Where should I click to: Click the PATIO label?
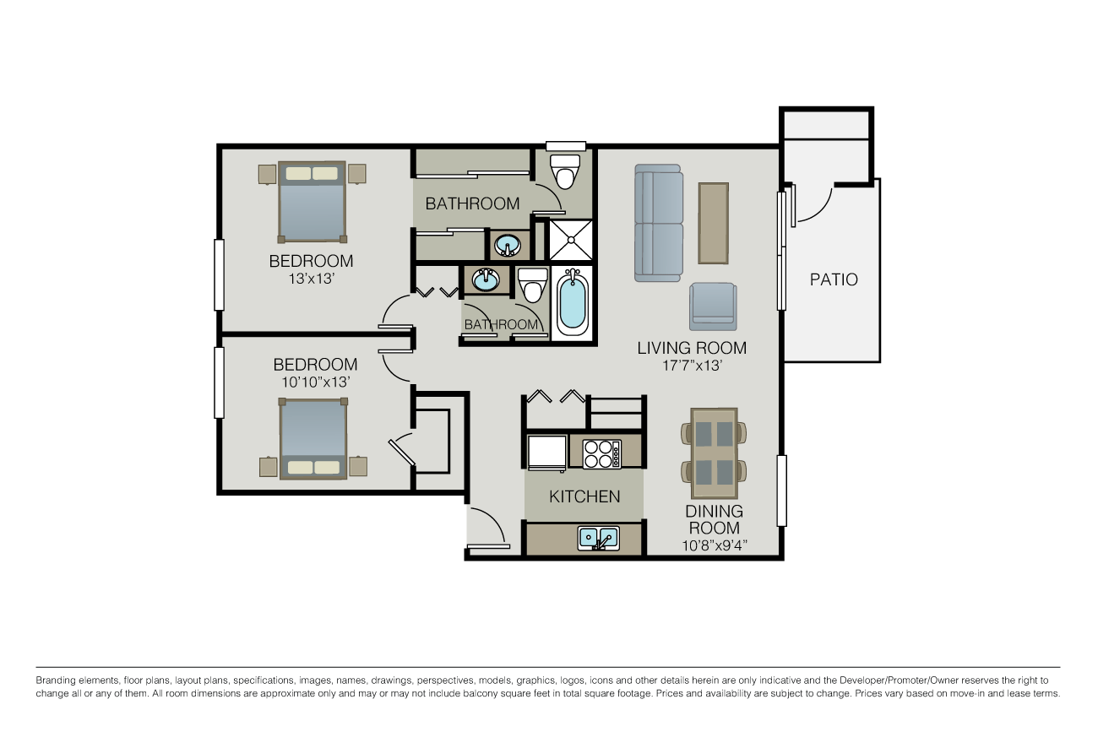click(834, 279)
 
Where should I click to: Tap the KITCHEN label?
click(584, 496)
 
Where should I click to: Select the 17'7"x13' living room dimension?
click(692, 366)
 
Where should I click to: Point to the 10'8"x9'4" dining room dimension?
click(715, 545)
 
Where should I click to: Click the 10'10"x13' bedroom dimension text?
click(315, 382)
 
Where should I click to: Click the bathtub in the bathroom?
click(573, 301)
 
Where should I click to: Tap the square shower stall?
click(571, 240)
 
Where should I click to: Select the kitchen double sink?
click(599, 540)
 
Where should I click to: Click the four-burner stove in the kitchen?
click(602, 454)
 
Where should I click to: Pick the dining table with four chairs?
click(714, 453)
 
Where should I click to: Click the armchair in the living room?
click(713, 306)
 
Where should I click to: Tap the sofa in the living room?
click(658, 223)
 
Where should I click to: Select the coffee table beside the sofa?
click(713, 223)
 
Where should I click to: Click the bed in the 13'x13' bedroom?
click(313, 202)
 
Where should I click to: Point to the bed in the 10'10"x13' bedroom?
click(313, 438)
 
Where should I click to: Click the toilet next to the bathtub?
click(533, 285)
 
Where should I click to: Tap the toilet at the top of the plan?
click(565, 171)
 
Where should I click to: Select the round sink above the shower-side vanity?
click(508, 245)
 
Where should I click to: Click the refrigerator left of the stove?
click(547, 453)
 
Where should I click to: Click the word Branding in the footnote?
click(53, 680)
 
